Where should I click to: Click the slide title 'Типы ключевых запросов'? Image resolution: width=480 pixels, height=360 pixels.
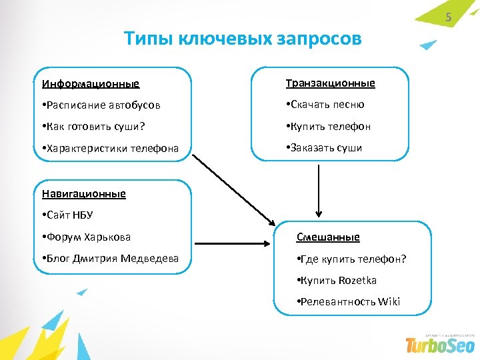[x=243, y=39]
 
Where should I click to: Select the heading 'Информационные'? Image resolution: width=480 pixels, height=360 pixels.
[x=91, y=84]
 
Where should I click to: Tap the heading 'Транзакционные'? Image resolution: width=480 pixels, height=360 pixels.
[x=330, y=83]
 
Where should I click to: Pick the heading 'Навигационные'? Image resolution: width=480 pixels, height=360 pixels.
[x=83, y=194]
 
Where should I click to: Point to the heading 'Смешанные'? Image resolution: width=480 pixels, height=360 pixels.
[x=327, y=237]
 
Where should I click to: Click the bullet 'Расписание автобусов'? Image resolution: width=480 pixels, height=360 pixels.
[x=101, y=105]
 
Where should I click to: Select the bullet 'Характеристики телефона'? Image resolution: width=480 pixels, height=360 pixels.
[x=109, y=149]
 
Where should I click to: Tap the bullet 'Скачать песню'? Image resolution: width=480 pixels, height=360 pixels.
[x=325, y=105]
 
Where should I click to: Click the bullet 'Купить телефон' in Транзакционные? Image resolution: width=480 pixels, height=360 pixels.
[x=327, y=126]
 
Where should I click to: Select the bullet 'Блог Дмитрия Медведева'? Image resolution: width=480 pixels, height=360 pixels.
[x=109, y=258]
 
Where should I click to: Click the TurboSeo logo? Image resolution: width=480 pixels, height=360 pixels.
[x=440, y=344]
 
